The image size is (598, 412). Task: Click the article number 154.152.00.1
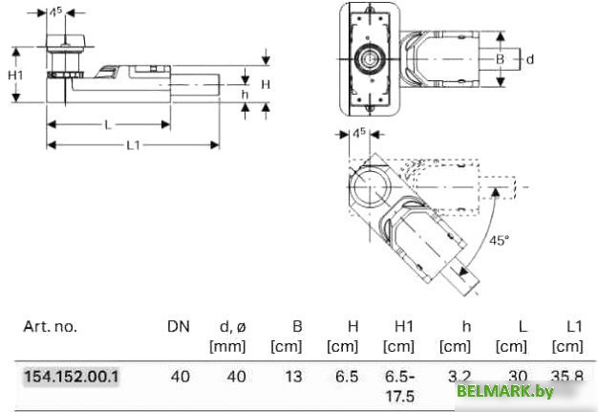72,377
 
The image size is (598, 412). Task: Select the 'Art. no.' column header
50,326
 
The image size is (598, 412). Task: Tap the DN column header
179,326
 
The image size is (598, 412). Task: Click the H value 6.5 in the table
348,377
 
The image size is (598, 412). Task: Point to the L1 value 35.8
569,377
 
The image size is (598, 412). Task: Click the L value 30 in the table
517,377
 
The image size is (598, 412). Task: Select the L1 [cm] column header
568,336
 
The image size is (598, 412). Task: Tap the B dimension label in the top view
499,58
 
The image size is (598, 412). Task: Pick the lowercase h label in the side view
244,95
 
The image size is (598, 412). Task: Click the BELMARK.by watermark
519,391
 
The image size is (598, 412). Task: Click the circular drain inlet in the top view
369,58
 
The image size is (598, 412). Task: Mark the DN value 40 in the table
180,377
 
